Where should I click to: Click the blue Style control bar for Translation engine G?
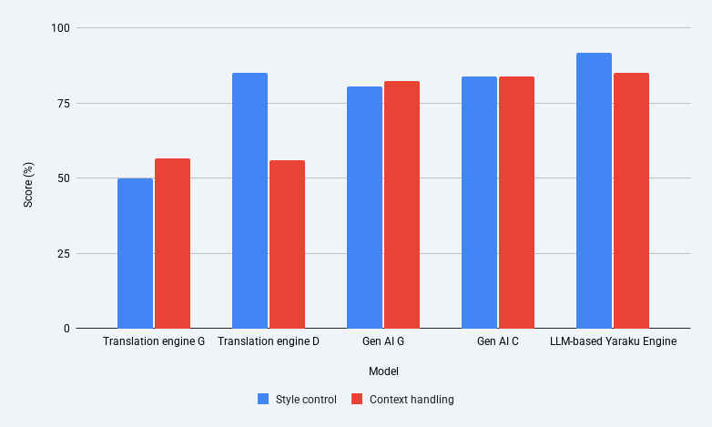tap(136, 253)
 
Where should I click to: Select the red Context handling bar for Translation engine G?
tap(173, 243)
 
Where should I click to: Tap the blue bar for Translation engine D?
tap(249, 200)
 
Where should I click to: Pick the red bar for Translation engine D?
tap(287, 244)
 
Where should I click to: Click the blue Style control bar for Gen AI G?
tap(364, 208)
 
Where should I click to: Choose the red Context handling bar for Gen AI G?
tap(402, 205)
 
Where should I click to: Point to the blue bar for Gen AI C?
tap(480, 202)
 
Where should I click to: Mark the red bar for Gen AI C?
tap(517, 202)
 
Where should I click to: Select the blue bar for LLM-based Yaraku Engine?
tap(594, 190)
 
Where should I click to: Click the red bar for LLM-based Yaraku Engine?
tap(631, 200)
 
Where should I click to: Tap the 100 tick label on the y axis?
tap(60, 28)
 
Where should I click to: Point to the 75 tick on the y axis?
tap(64, 104)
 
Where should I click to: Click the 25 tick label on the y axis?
tap(64, 253)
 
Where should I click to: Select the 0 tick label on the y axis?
tap(66, 329)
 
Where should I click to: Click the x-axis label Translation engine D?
tap(269, 341)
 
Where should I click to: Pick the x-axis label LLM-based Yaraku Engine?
tap(613, 341)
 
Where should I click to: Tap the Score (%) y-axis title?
tap(28, 185)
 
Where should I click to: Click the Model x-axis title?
tap(383, 371)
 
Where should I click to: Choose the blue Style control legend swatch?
tap(263, 399)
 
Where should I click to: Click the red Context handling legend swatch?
tap(357, 399)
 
